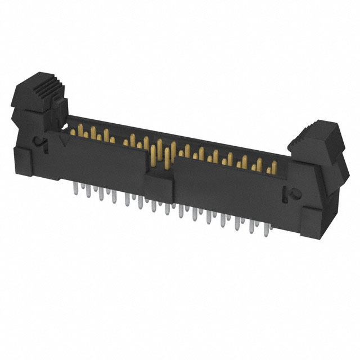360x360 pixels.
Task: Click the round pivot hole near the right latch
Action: tap(292, 194)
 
